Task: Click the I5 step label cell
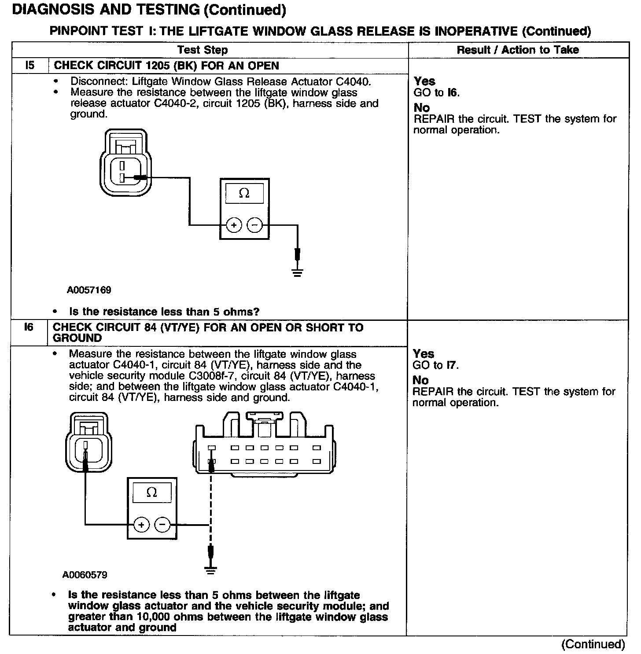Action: (29, 66)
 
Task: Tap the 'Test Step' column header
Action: (203, 50)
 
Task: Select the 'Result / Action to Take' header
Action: (517, 50)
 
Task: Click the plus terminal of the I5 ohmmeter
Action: (234, 225)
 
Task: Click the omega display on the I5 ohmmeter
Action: (244, 193)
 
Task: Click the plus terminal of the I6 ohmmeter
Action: (141, 525)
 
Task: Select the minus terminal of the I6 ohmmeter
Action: (162, 525)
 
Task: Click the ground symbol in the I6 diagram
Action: (211, 571)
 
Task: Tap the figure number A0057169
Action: (89, 290)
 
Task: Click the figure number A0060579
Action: (85, 575)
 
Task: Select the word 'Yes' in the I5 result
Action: (424, 81)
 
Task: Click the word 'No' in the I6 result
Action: (420, 380)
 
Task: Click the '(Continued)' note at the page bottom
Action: (593, 644)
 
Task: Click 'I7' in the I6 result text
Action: (452, 365)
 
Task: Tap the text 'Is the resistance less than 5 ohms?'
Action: (164, 312)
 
